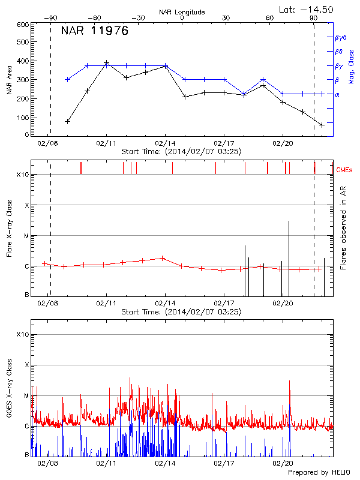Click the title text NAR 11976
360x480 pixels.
95,32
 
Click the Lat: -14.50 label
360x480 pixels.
307,9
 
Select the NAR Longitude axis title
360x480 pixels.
182,12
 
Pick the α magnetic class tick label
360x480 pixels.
337,94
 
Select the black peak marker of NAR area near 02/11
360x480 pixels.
106,62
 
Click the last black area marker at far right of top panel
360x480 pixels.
322,125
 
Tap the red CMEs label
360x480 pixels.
346,170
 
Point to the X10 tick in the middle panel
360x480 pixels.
23,175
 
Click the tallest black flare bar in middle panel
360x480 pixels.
289,258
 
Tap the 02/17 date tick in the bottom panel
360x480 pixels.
223,463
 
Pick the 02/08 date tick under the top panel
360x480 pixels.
49,143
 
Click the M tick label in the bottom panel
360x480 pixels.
26,395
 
